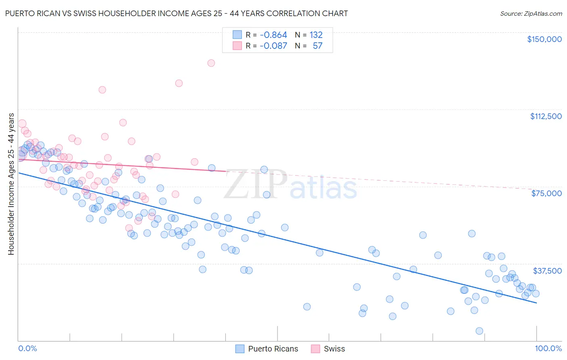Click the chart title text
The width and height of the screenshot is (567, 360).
coord(176,13)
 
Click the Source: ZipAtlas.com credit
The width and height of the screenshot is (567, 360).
coord(531,13)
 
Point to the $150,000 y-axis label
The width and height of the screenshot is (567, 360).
coord(544,39)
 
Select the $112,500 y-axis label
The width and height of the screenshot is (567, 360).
coord(545,116)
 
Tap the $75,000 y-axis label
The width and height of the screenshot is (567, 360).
coord(546,193)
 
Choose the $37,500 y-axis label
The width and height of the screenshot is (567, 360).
coord(547,271)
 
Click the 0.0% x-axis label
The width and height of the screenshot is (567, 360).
coord(27,348)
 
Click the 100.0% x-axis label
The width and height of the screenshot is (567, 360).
coord(548,348)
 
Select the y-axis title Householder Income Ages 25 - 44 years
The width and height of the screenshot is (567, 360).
coord(11,184)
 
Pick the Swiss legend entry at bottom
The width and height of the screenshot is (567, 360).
coord(328,349)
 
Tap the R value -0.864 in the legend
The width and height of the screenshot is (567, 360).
coord(273,35)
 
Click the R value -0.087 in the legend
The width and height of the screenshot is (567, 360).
coord(273,46)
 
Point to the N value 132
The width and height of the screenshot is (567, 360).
coord(316,35)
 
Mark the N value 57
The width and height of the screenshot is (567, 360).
coord(317,46)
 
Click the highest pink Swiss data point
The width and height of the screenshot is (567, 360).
coord(211,63)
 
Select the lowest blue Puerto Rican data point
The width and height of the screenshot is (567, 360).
coord(479,331)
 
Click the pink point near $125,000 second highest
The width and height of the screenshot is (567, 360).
coord(179,83)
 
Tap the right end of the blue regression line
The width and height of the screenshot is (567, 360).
coord(536,302)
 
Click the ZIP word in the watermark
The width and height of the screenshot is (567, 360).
coord(255,185)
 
